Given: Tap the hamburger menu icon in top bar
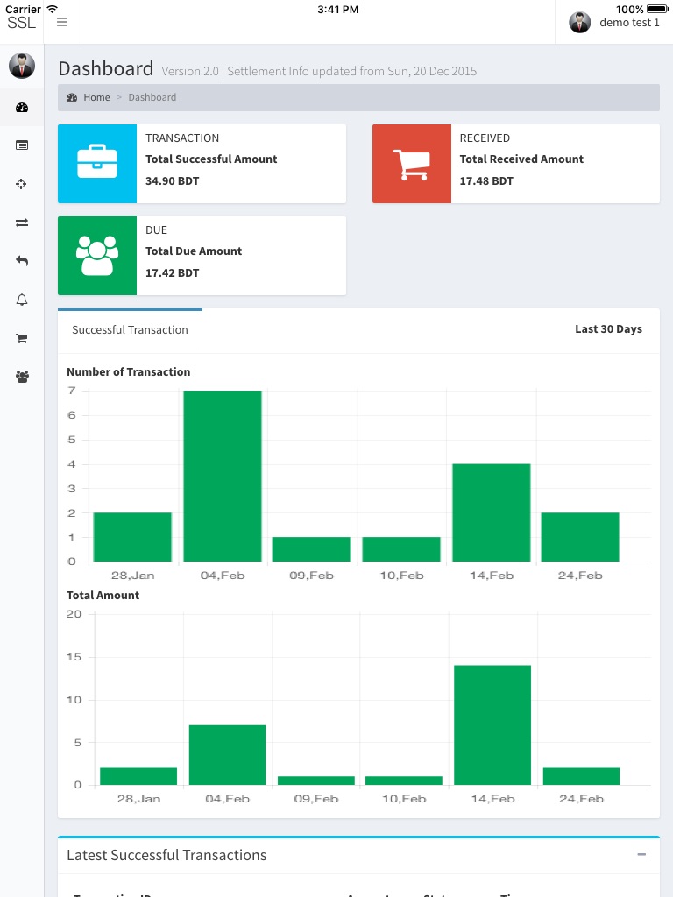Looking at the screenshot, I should click(x=62, y=23).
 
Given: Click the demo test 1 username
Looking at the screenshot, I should click(x=629, y=23).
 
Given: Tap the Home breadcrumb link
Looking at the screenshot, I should click(x=96, y=97).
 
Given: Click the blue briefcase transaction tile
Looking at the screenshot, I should click(x=97, y=164).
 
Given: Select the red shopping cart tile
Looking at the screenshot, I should click(x=412, y=164).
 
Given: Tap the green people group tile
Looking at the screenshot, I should click(x=97, y=256).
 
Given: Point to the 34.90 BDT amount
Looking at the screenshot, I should click(x=172, y=181).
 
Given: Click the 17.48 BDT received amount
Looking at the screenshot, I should click(x=486, y=181).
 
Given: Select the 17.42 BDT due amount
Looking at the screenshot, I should click(x=172, y=273).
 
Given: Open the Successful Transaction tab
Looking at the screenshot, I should click(x=130, y=330).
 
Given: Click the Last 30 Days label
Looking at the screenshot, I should click(x=608, y=329).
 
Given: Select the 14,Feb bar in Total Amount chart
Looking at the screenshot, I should click(x=492, y=724).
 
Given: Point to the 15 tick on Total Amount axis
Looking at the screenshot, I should click(x=74, y=657).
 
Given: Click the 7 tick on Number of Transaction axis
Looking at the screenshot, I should click(x=72, y=391).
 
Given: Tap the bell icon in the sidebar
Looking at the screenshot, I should click(x=22, y=300).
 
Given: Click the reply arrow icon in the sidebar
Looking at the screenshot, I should click(x=22, y=261).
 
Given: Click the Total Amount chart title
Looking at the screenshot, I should click(x=103, y=596).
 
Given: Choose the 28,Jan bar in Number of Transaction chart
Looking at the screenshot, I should click(x=132, y=537).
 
